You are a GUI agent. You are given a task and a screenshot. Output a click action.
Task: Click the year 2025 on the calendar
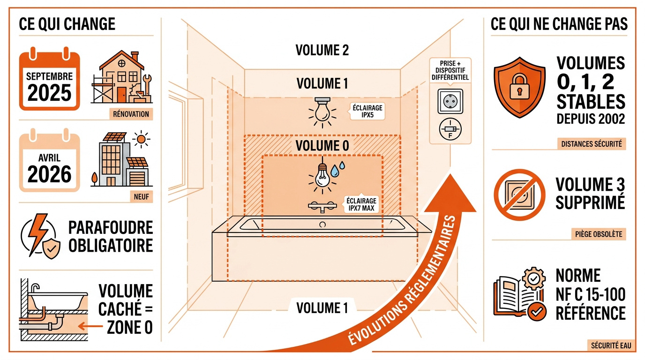[x=49, y=93]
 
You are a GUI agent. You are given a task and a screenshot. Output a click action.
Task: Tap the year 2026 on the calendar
[x=49, y=174]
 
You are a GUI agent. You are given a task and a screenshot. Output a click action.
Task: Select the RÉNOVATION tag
[x=131, y=114]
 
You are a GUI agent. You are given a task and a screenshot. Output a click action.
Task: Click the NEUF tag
[x=142, y=197]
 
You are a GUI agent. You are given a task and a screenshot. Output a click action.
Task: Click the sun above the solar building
[x=141, y=139]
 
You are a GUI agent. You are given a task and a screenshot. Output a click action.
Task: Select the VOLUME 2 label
[x=322, y=50]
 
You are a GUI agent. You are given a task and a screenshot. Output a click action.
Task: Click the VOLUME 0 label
[x=322, y=146]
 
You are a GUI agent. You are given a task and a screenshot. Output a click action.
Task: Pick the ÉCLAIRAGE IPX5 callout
[x=367, y=112]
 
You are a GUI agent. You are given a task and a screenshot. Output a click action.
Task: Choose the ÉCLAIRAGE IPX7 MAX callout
[x=361, y=204]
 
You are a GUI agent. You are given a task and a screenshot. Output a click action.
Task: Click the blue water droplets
[x=337, y=169]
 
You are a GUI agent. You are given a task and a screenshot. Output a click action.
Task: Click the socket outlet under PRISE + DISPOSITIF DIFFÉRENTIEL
[x=450, y=101]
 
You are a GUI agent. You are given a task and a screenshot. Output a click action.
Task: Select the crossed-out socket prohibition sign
[x=519, y=195]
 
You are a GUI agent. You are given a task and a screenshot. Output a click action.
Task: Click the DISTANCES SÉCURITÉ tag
[x=592, y=144]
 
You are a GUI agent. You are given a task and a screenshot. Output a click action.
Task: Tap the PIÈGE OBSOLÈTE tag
[x=599, y=234]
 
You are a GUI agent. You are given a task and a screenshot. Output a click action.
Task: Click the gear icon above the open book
[x=533, y=278]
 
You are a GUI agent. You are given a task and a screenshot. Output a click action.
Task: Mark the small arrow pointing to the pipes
[x=90, y=326]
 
